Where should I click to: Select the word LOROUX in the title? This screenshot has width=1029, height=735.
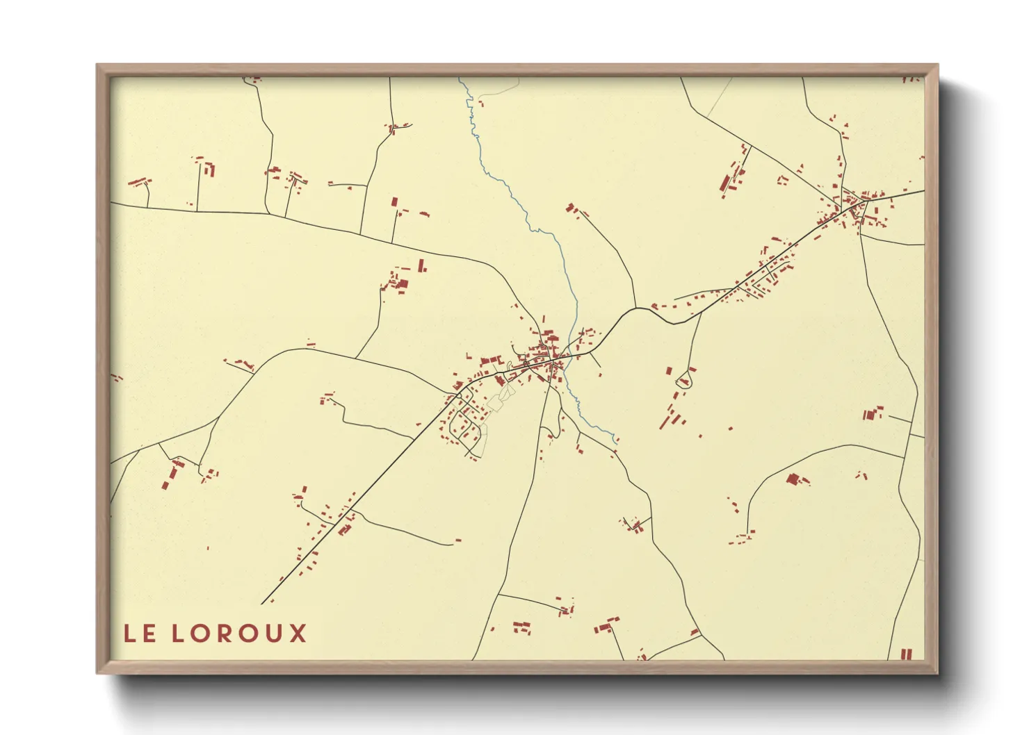coord(238,633)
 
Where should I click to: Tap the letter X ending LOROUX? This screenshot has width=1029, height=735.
coord(298,633)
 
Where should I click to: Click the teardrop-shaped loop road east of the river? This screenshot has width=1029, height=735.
coord(686,379)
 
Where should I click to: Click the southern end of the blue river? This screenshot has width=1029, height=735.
coord(615,439)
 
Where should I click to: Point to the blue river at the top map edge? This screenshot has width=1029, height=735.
coord(460,79)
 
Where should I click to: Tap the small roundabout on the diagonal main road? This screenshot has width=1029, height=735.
coord(458,397)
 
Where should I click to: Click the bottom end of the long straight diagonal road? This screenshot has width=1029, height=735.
coord(263,603)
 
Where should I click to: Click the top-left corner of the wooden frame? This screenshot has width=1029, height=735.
coord(97,65)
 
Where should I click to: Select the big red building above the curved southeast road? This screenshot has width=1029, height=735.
coord(793,479)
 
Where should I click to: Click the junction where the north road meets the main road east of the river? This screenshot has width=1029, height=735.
coord(635,306)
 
